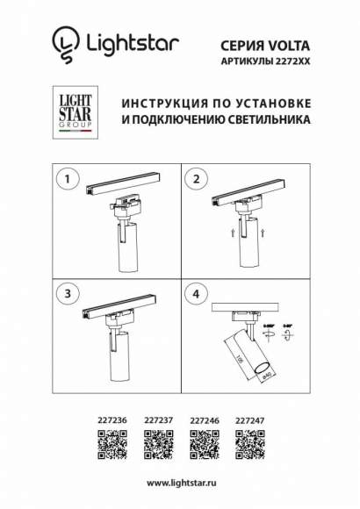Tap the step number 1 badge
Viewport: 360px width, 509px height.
[x=63, y=178]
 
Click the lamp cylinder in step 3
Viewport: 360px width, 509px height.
[x=116, y=361]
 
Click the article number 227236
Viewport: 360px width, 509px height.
[x=110, y=420]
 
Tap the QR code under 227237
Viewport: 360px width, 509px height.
[x=156, y=444]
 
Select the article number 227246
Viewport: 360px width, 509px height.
[x=204, y=420]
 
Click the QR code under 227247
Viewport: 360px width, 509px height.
[x=250, y=444]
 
